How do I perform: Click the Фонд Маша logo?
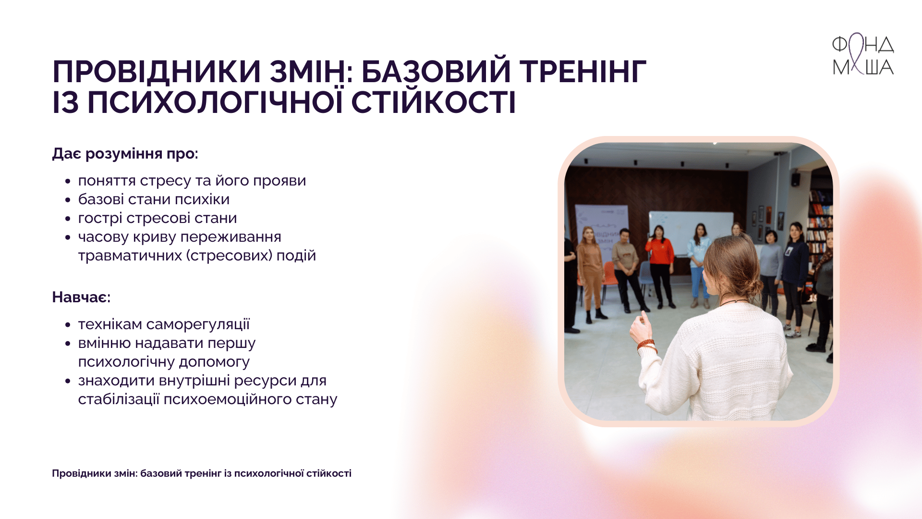(x=863, y=54)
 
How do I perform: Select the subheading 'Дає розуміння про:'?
(x=125, y=154)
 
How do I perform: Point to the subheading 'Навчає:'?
(x=81, y=297)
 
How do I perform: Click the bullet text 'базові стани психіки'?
(x=154, y=199)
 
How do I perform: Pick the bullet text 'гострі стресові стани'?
(x=158, y=218)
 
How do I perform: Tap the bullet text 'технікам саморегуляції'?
(x=164, y=324)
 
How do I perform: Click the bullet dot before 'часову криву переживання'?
(x=68, y=237)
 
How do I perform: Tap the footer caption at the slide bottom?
(x=202, y=473)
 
